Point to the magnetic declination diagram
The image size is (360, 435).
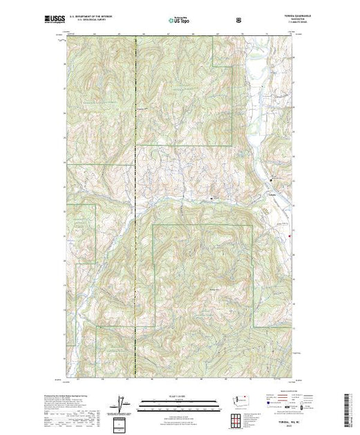[x=122, y=402]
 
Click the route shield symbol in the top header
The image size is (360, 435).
[x=239, y=20]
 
